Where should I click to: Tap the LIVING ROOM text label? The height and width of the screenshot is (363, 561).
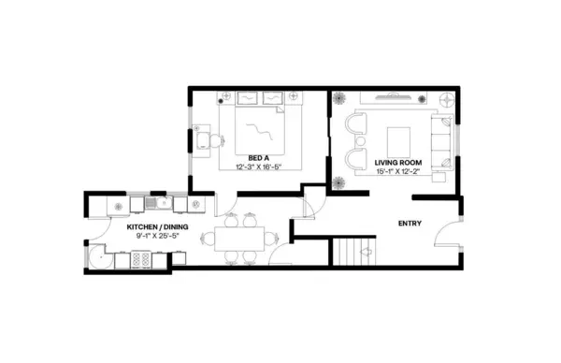coord(398,162)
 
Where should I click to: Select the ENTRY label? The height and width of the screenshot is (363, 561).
coord(410,223)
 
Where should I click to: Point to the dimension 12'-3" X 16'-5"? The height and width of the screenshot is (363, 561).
coord(259,167)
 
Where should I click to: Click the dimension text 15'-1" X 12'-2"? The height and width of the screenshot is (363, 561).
coord(398,171)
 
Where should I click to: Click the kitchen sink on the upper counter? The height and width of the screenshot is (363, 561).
coord(156,202)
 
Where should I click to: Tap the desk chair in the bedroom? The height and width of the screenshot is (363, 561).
coord(214,142)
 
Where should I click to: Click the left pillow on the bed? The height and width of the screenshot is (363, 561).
coord(248,97)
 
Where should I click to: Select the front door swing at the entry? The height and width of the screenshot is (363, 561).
coord(452,234)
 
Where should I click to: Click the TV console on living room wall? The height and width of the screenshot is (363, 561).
coord(393,95)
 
